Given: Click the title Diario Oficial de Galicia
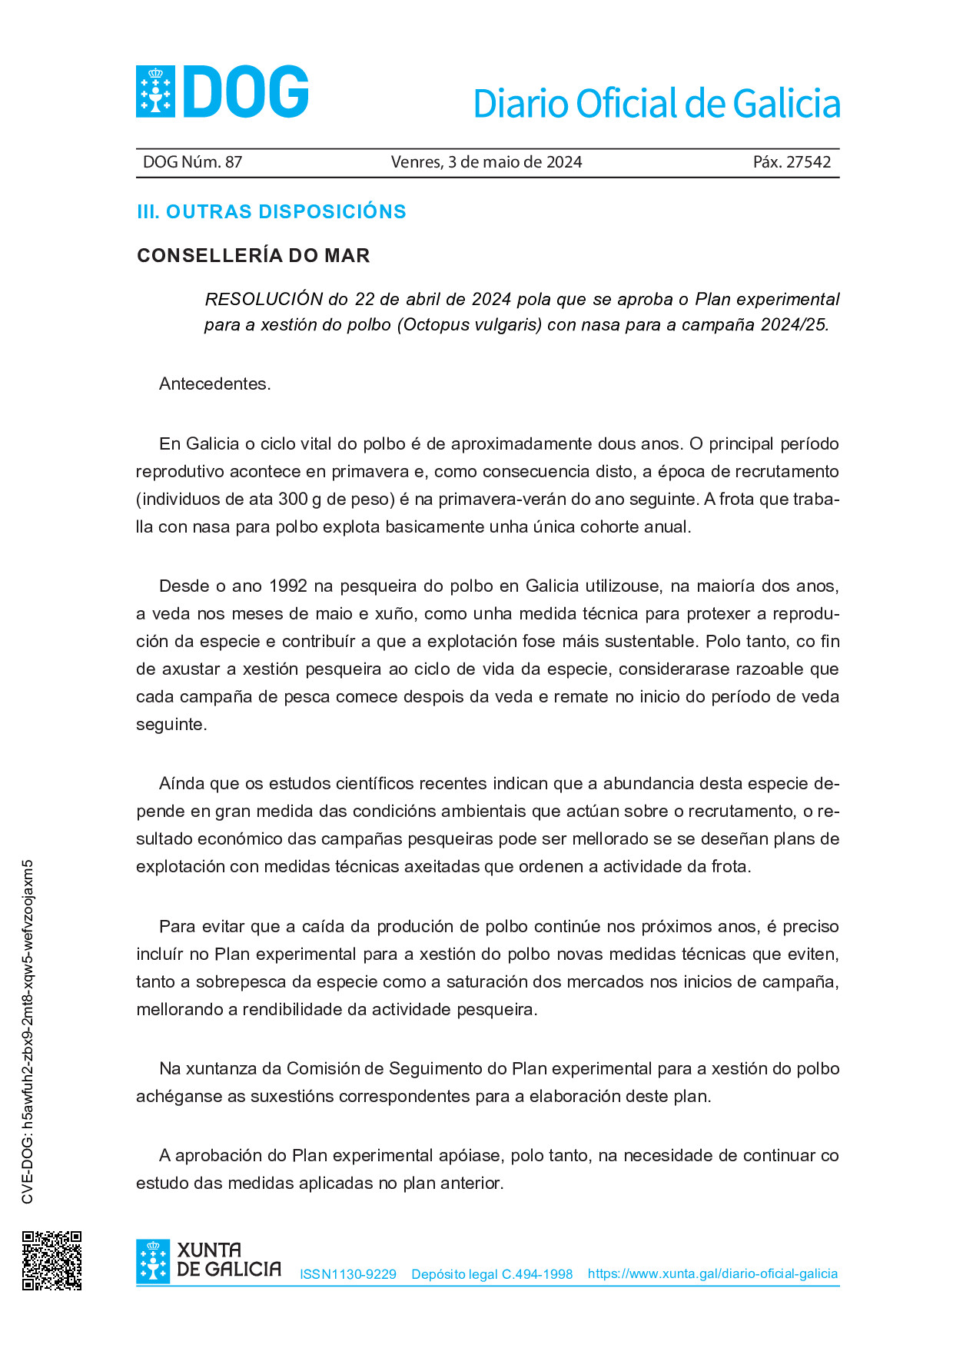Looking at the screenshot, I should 656,104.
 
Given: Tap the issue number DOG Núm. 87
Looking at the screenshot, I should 192,162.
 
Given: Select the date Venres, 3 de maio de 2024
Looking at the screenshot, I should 486,162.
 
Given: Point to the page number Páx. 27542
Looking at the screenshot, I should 792,162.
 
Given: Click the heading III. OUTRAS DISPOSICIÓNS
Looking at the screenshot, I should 271,212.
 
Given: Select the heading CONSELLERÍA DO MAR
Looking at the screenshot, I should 253,256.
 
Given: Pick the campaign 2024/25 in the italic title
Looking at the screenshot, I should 794,325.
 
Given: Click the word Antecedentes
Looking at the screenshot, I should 214,384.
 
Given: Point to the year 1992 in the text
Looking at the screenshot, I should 287,586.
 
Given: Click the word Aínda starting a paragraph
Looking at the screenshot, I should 182,784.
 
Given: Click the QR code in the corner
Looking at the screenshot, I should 51,1260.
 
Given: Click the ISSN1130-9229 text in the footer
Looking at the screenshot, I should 348,1274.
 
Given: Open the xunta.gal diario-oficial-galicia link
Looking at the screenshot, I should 712,1273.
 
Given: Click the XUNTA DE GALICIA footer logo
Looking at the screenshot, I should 208,1260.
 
